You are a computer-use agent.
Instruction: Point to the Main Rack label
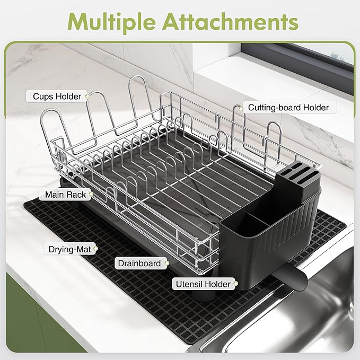[66, 195]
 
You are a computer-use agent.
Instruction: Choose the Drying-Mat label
[69, 248]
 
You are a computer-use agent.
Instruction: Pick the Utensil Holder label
[204, 284]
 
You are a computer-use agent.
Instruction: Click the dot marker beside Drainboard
[166, 263]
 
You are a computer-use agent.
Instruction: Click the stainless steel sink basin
[318, 308]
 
